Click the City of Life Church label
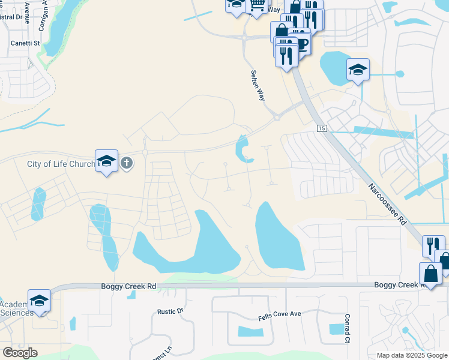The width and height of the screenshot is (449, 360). click(61, 164)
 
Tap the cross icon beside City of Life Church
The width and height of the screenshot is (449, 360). click(126, 163)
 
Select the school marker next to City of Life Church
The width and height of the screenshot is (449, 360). click(106, 161)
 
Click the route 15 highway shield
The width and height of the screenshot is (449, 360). click(321, 129)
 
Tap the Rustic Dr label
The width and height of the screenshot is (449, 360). click(170, 311)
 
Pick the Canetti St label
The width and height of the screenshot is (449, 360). click(25, 43)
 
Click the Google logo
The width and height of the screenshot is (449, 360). click(20, 353)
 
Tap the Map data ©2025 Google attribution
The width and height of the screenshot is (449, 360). click(412, 355)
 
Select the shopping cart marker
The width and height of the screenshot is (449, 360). click(257, 5)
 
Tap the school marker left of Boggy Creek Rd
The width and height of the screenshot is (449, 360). click(39, 301)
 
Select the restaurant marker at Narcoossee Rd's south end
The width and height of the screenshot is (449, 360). click(432, 246)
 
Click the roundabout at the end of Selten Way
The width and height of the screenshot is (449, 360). click(277, 118)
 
